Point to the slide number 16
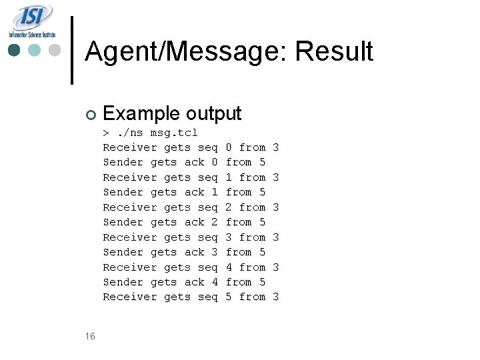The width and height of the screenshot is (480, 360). [90, 336]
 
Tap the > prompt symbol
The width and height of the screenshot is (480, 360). [106, 132]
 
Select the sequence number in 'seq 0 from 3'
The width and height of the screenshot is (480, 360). [229, 147]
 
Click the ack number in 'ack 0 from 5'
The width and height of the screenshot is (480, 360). [214, 162]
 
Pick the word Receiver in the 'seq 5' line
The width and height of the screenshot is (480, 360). [129, 297]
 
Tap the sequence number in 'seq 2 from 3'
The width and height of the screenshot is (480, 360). [229, 207]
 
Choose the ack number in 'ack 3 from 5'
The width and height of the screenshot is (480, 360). [214, 252]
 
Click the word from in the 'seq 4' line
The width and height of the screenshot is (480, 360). [252, 267]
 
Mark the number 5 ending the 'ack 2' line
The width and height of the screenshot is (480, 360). [262, 222]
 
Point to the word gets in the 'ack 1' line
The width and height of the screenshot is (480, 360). [164, 192]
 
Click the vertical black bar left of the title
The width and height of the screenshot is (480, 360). [72, 51]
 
